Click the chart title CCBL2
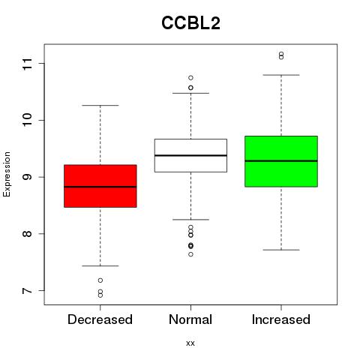click(190, 23)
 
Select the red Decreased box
click(100, 186)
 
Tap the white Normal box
click(190, 155)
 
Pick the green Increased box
click(281, 161)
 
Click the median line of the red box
click(100, 187)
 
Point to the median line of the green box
click(281, 161)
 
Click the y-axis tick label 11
click(28, 64)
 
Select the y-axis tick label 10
click(28, 120)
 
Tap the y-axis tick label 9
click(28, 177)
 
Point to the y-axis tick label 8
click(28, 234)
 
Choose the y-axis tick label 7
click(28, 290)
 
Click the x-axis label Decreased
click(100, 319)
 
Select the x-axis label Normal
click(190, 319)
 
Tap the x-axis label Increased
click(281, 319)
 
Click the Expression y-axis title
click(7, 174)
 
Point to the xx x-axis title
click(190, 343)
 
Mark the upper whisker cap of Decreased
click(100, 106)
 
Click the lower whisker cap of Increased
click(281, 250)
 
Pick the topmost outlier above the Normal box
click(190, 78)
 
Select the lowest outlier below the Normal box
click(190, 254)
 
